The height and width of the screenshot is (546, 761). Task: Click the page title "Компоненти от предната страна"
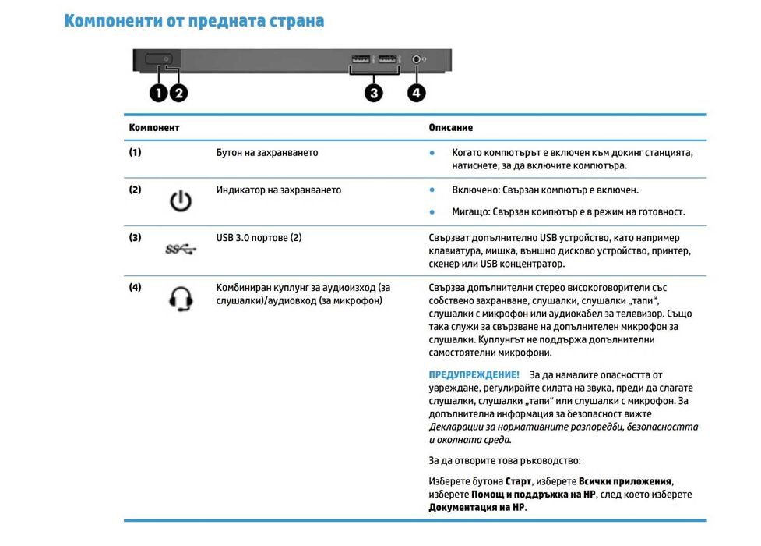pyautogui.click(x=194, y=20)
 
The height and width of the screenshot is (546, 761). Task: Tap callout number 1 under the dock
pyautogui.click(x=159, y=93)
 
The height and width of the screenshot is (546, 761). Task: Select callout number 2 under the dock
pyautogui.click(x=178, y=93)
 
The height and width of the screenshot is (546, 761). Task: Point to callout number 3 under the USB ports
pyautogui.click(x=375, y=93)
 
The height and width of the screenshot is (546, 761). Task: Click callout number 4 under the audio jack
pyautogui.click(x=417, y=93)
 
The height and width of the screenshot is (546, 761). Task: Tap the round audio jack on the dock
pyautogui.click(x=417, y=58)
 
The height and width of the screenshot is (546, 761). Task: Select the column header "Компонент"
pyautogui.click(x=154, y=127)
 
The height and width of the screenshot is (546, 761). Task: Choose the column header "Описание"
pyautogui.click(x=450, y=127)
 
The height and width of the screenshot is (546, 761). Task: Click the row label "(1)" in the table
pyautogui.click(x=136, y=153)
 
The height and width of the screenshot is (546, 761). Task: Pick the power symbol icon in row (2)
pyautogui.click(x=180, y=202)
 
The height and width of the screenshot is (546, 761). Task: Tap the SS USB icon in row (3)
pyautogui.click(x=181, y=250)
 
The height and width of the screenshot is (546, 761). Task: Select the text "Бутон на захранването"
pyautogui.click(x=266, y=153)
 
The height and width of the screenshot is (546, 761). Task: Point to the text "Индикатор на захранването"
pyautogui.click(x=278, y=190)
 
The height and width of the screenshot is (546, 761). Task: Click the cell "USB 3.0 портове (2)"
pyautogui.click(x=259, y=237)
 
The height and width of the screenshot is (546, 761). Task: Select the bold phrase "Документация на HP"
pyautogui.click(x=477, y=508)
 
